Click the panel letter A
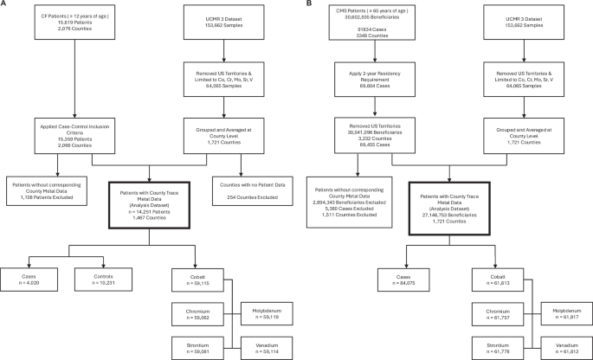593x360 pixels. [3, 4]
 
